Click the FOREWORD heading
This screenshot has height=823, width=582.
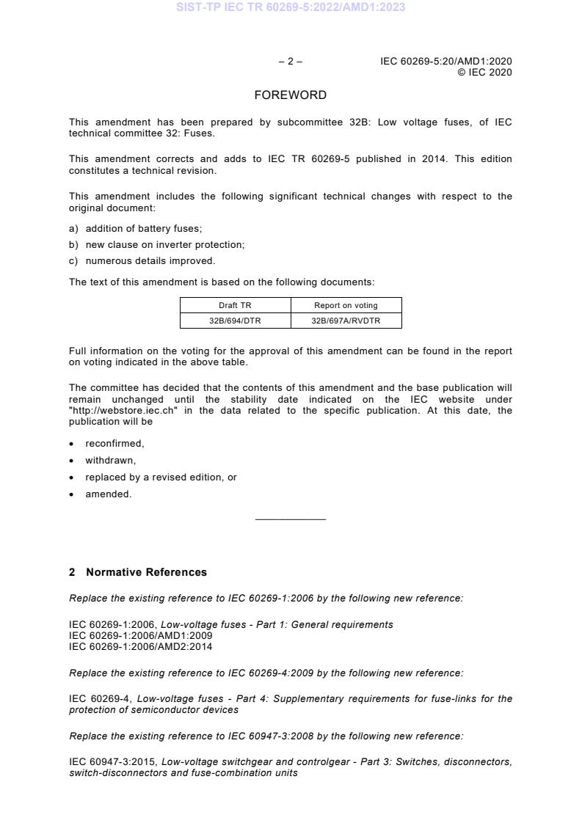290,95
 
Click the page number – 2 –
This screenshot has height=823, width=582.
290,62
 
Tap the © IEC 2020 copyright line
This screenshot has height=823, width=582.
484,72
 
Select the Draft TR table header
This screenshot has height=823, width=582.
235,305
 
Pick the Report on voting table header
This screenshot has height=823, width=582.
346,305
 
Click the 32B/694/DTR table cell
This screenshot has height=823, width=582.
235,321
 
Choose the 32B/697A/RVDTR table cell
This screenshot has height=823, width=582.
346,321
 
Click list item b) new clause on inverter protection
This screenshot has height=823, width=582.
156,245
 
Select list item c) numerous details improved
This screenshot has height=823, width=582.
142,260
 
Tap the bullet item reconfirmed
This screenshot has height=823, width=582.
114,444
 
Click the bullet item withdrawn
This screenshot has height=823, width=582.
110,461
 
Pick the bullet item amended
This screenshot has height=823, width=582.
108,494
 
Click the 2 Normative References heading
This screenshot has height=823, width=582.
138,572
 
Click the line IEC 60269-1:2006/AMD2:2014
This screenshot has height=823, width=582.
130,646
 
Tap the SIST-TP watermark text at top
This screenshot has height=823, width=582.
291,7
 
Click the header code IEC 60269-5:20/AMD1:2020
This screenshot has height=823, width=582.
445,62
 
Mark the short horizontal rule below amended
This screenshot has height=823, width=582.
290,520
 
